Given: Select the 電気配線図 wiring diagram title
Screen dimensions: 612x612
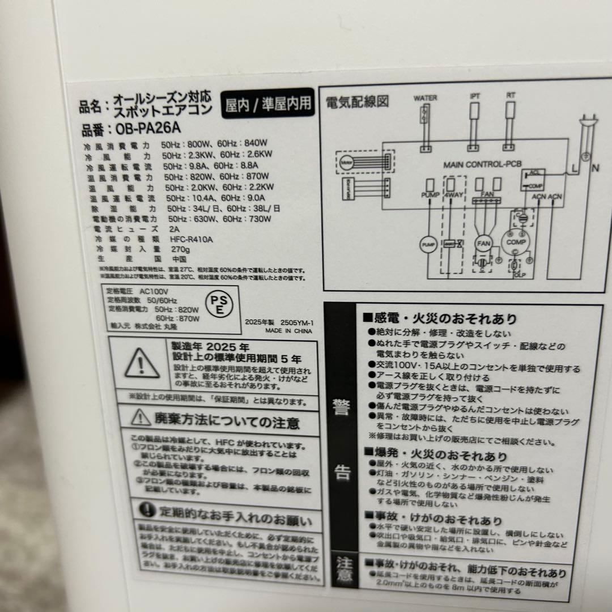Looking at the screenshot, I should pyautogui.click(x=357, y=103).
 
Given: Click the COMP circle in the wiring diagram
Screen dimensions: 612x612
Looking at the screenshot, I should pyautogui.click(x=516, y=242).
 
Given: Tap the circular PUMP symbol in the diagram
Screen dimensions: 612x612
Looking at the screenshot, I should pyautogui.click(x=428, y=244).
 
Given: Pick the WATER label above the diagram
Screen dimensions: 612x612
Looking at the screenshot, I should pyautogui.click(x=425, y=97).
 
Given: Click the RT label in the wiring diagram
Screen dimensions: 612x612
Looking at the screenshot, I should pyautogui.click(x=511, y=96).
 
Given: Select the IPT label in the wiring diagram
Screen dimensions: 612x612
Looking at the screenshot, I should pyautogui.click(x=475, y=96).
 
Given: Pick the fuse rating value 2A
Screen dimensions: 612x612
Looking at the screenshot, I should pyautogui.click(x=175, y=229).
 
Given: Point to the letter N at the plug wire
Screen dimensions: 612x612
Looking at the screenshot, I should pyautogui.click(x=595, y=168).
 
